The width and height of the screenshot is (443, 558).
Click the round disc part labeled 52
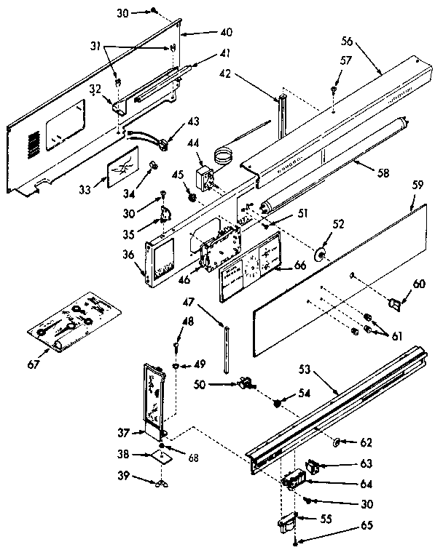click(x=320, y=254)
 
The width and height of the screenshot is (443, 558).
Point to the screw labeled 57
click(x=333, y=89)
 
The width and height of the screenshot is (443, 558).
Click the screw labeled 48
click(x=176, y=351)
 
